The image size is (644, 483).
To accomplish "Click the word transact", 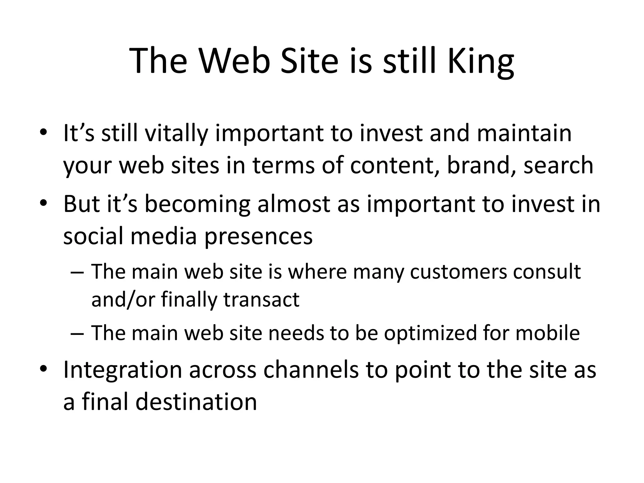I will [x=261, y=299].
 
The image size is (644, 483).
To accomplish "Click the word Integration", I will [x=123, y=370].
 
